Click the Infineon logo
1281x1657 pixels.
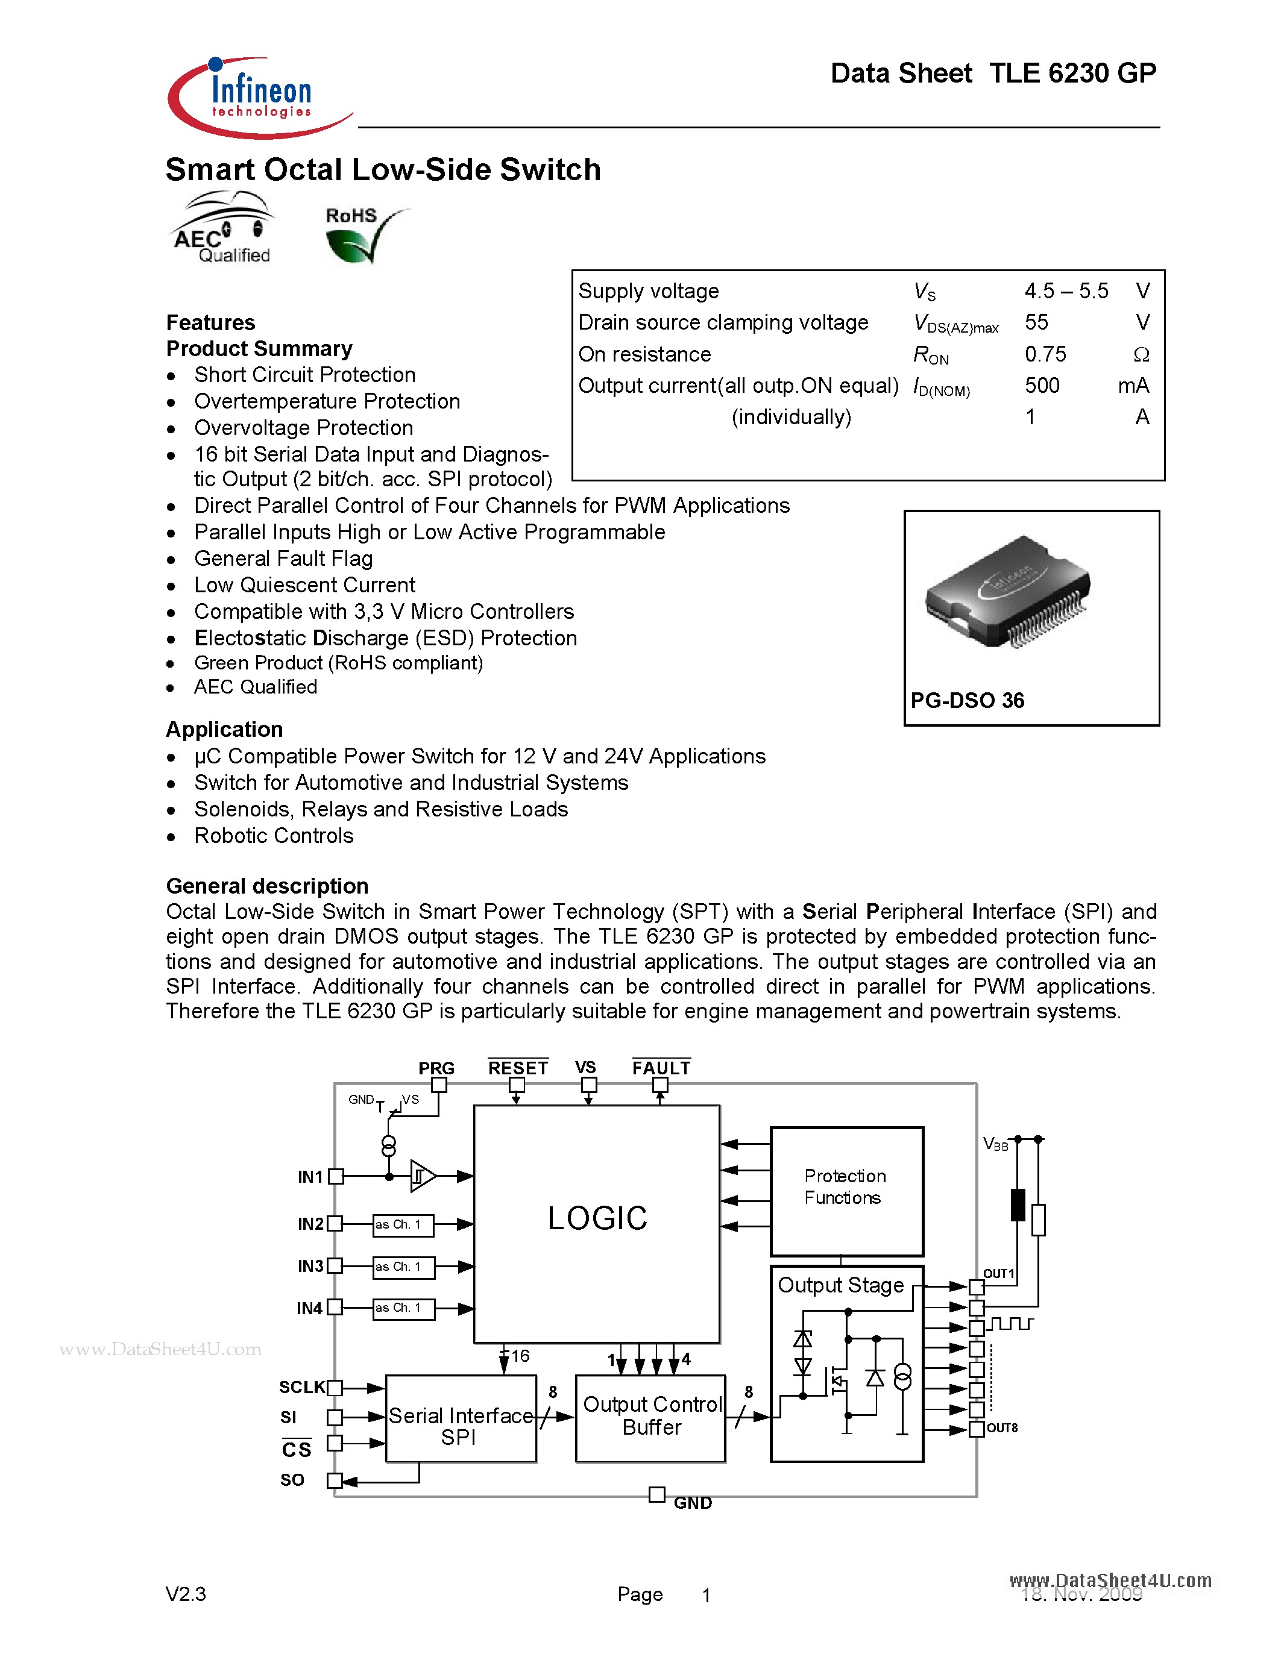258,97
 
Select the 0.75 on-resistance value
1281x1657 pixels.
1045,354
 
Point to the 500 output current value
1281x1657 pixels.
1042,386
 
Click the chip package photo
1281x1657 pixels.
1009,592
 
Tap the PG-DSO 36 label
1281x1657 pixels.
967,700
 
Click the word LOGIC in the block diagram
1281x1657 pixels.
597,1218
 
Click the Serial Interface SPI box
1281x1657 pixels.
461,1420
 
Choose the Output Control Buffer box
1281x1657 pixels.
651,1417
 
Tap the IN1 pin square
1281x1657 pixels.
335,1177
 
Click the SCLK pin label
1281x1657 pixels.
301,1388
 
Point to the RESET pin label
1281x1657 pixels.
518,1068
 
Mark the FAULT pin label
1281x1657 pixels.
661,1068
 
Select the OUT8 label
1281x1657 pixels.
1002,1428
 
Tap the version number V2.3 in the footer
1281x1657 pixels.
186,1594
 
